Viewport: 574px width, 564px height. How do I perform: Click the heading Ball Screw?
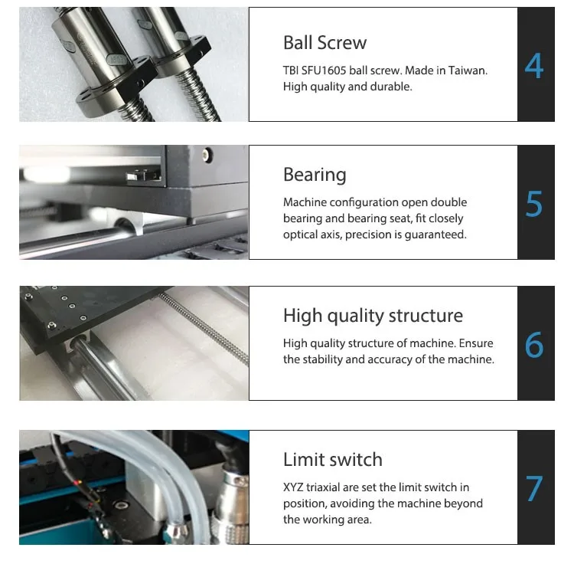click(x=325, y=42)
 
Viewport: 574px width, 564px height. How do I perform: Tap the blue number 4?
click(x=533, y=66)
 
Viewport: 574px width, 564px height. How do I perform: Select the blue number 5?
click(x=533, y=204)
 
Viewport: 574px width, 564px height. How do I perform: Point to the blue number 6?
click(x=534, y=345)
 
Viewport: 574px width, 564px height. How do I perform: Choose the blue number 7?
click(x=534, y=488)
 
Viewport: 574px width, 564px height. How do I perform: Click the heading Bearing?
click(x=315, y=175)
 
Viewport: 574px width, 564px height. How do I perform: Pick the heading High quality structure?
click(x=373, y=316)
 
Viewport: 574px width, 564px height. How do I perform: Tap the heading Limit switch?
click(x=333, y=460)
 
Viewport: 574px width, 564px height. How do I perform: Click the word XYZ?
click(x=293, y=487)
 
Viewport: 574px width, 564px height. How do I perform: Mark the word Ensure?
click(x=476, y=343)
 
